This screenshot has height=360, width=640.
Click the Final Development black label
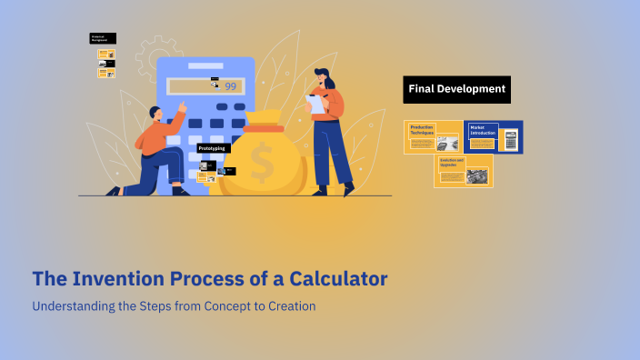[456, 89]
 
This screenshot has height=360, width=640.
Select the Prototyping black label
[213, 147]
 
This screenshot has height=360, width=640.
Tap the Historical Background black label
[103, 38]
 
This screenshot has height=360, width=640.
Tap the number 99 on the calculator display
[230, 86]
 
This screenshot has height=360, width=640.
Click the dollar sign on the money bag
[263, 165]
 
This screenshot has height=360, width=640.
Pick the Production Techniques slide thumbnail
[433, 136]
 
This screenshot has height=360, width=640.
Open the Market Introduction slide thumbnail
[493, 136]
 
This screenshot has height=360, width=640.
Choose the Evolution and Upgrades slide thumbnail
[463, 170]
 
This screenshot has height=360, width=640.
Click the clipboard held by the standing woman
[315, 104]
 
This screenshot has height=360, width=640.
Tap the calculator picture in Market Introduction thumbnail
[511, 140]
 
